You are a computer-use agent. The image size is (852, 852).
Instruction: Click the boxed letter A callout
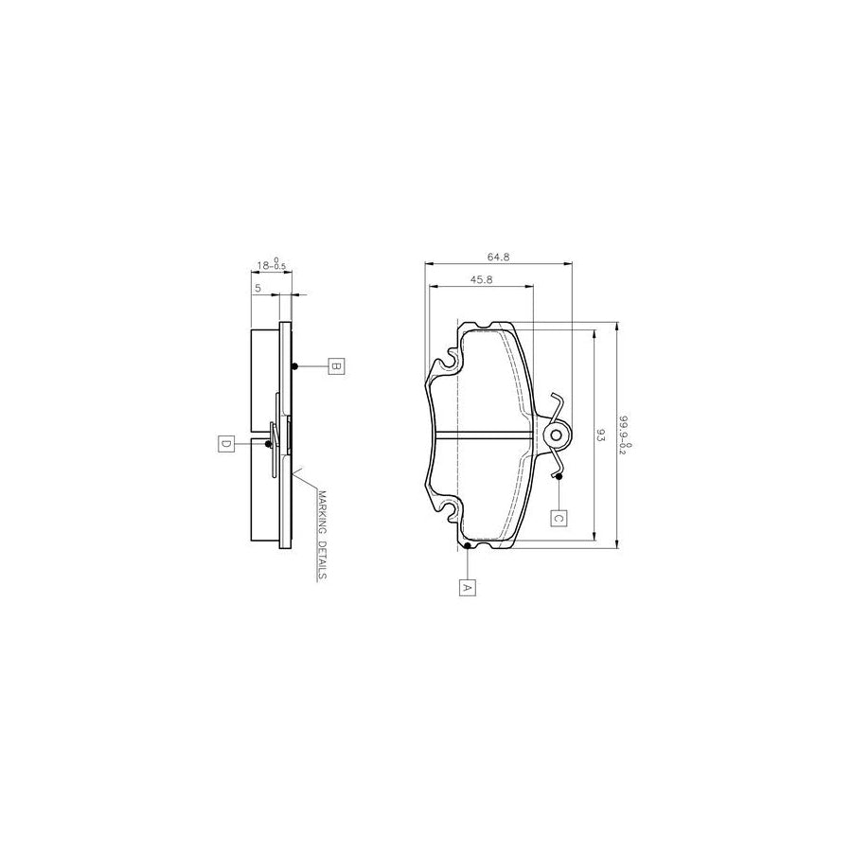466,587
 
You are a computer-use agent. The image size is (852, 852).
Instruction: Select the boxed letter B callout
335,366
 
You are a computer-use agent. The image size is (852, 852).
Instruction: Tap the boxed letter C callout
559,518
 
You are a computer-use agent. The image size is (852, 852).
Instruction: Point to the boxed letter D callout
225,443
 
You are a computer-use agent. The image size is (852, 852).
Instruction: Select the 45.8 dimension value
481,279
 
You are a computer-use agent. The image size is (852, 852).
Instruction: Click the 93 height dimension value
600,435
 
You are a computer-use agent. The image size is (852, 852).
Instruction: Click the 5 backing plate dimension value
257,286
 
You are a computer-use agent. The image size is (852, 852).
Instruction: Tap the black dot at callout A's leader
468,546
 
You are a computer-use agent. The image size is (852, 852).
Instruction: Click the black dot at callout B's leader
295,367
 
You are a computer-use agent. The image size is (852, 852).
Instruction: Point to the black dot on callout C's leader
559,476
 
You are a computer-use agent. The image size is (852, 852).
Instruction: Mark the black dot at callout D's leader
270,443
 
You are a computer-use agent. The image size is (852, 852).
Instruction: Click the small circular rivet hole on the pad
557,435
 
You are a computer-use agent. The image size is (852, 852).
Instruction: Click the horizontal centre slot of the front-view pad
483,435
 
